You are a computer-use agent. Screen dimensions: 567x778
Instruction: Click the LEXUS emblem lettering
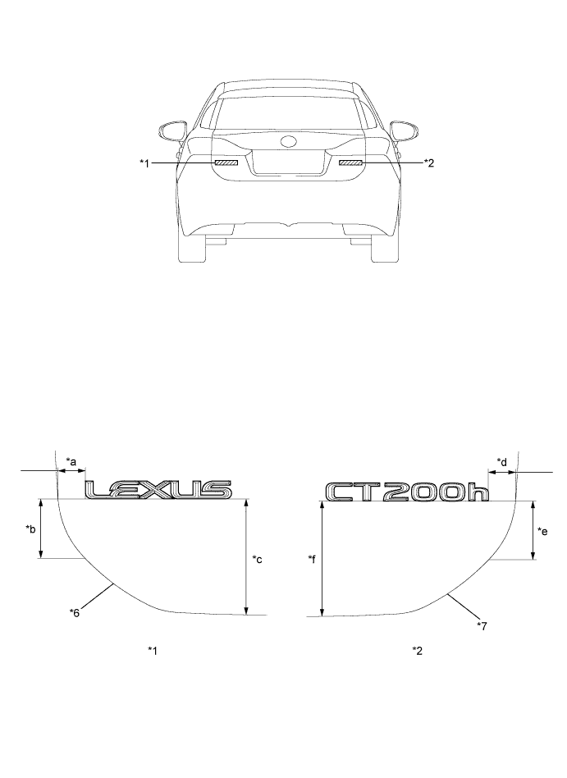click(x=158, y=490)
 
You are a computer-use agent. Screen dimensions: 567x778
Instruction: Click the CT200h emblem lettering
click(x=407, y=492)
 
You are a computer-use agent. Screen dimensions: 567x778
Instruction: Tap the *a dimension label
click(x=71, y=461)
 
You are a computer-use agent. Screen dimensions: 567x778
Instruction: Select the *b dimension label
click(x=30, y=529)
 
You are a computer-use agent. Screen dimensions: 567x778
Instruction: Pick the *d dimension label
click(x=502, y=462)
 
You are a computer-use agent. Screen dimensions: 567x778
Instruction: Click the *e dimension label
click(x=542, y=531)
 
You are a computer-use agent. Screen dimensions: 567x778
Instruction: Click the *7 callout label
click(x=482, y=625)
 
